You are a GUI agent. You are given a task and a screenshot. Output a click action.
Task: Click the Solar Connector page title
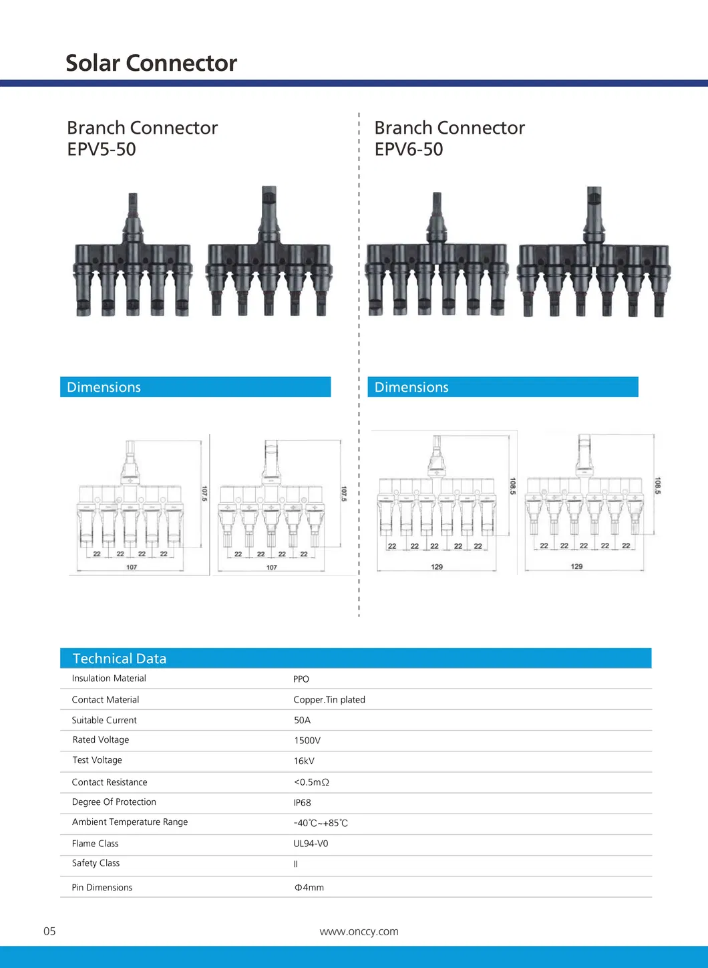click(x=151, y=63)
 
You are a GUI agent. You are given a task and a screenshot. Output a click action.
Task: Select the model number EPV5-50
click(x=102, y=149)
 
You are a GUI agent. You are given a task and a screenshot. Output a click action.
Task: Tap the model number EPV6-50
click(x=409, y=149)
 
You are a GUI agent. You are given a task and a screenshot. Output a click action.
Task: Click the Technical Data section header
click(x=120, y=658)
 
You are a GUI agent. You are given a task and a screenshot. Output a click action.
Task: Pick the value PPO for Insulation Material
click(x=301, y=679)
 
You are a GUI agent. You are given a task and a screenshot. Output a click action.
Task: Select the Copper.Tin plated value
click(x=329, y=700)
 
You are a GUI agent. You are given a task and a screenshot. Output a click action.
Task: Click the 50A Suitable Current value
click(x=302, y=721)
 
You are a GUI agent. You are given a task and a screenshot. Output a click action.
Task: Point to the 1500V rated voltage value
click(x=307, y=741)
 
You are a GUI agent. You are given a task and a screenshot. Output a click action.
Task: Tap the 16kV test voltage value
click(x=304, y=761)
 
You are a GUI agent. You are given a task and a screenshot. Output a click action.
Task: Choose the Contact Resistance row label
click(x=110, y=782)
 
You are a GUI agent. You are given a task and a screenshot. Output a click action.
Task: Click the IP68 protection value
click(x=302, y=803)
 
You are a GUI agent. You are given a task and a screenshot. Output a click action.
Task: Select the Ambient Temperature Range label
click(x=130, y=822)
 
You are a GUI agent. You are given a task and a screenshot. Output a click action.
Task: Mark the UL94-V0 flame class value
click(x=311, y=844)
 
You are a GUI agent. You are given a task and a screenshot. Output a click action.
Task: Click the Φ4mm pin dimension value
click(x=309, y=888)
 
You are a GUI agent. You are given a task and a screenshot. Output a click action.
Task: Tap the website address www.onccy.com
click(x=359, y=932)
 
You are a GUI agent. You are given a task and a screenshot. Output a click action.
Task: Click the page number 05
click(x=49, y=931)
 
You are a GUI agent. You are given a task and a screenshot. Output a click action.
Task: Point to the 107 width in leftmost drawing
click(x=132, y=567)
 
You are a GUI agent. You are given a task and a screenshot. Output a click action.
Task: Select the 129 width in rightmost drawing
click(x=576, y=566)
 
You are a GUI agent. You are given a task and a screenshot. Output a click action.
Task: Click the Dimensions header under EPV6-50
click(x=411, y=387)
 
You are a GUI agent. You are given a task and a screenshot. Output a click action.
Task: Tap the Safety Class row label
click(x=96, y=863)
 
